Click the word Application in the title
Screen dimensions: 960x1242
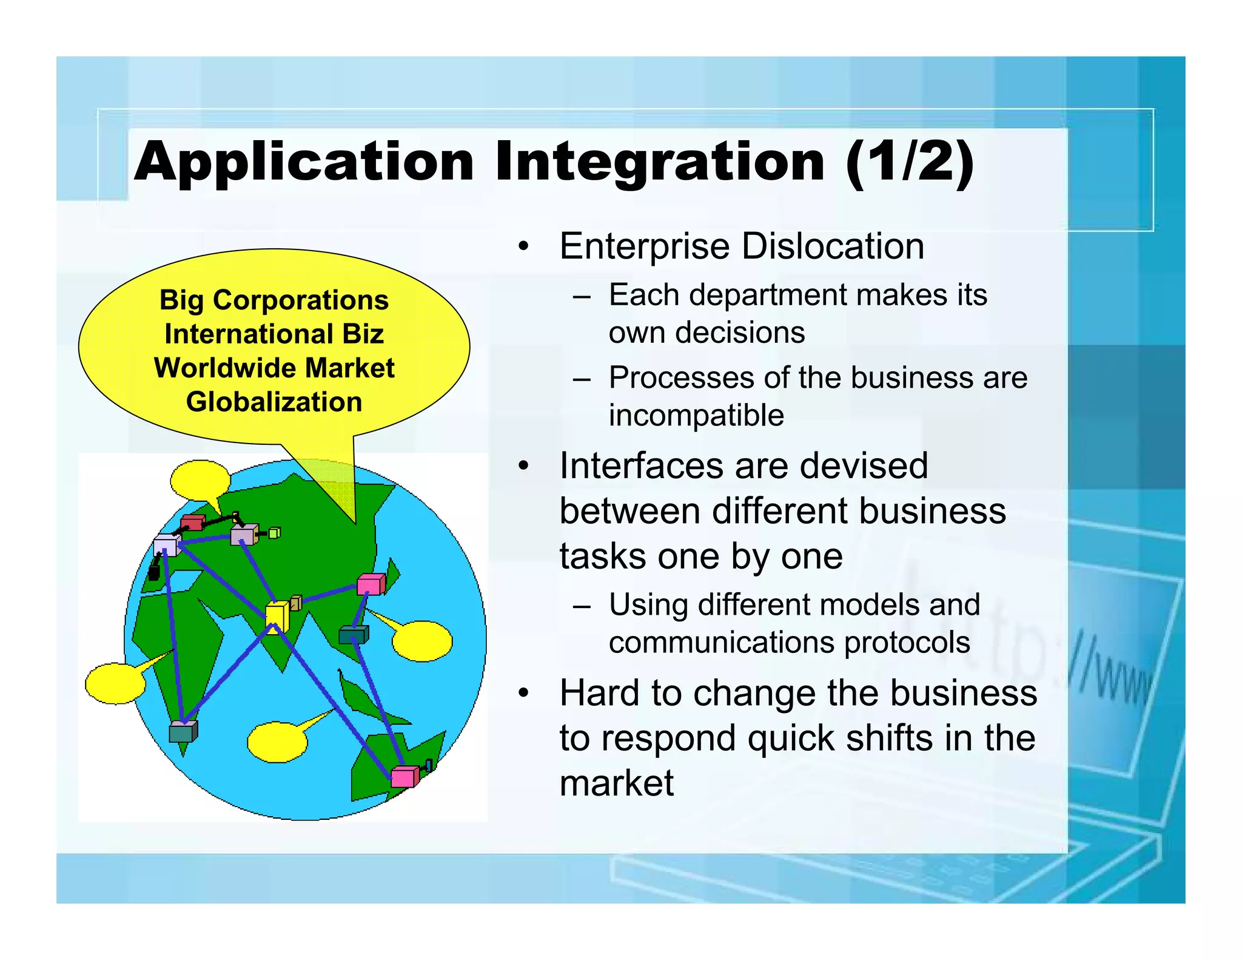303,161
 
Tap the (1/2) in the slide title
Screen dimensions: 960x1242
909,161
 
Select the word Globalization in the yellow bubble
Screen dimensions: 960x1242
274,402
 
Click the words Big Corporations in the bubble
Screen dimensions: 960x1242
274,300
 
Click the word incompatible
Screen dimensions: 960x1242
696,416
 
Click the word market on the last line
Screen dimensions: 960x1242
616,783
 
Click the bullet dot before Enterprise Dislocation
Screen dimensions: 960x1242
523,247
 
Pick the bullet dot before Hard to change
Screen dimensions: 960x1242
523,693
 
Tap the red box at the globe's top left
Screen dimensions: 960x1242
193,522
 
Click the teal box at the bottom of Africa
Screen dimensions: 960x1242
183,732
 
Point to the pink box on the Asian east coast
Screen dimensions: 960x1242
371,584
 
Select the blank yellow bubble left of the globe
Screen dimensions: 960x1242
116,683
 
